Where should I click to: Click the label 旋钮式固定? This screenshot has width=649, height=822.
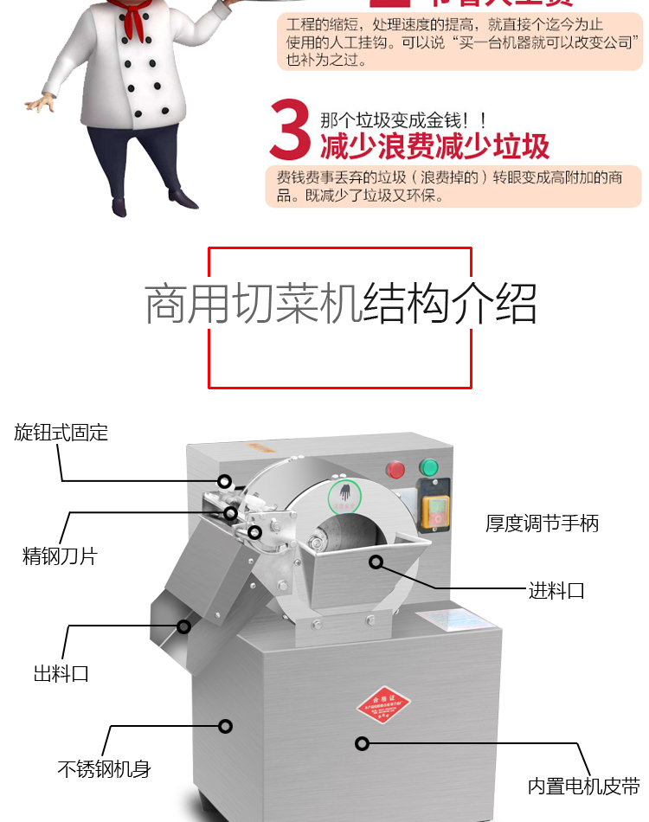[x=61, y=433]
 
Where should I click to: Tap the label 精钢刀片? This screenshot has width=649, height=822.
[x=60, y=555]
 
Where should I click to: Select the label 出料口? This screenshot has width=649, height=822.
[x=61, y=673]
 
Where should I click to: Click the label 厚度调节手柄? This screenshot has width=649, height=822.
[x=542, y=523]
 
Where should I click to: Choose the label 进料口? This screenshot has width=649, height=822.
[x=556, y=591]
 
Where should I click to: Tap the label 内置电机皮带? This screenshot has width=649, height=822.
[x=583, y=787]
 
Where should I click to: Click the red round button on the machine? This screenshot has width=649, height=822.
[x=395, y=470]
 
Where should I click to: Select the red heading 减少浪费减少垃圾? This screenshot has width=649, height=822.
[x=434, y=146]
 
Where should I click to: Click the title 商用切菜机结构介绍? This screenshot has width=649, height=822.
[x=340, y=304]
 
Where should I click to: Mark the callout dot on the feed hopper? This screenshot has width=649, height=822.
[x=376, y=562]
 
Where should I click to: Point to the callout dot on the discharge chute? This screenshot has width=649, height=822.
[x=183, y=626]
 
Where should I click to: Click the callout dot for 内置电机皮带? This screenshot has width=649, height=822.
[x=363, y=743]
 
